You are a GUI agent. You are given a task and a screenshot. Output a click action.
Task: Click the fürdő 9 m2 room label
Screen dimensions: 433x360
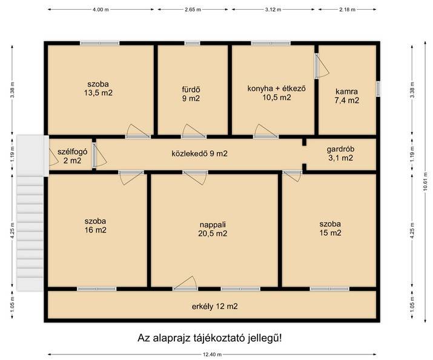click(191, 94)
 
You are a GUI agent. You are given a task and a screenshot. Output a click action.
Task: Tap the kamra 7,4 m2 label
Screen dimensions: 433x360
click(347, 96)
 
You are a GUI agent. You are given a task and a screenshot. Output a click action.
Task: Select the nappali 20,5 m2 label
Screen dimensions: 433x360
click(213, 229)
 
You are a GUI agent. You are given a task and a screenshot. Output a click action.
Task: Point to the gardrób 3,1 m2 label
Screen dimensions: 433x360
click(340, 153)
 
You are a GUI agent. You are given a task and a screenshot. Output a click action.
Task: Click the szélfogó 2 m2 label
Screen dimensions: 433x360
click(72, 156)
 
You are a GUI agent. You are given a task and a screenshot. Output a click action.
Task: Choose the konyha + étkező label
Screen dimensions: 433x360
click(276, 88)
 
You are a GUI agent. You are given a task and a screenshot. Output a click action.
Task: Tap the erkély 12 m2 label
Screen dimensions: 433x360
click(214, 307)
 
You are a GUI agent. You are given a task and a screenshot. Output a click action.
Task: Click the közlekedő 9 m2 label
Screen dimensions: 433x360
click(199, 153)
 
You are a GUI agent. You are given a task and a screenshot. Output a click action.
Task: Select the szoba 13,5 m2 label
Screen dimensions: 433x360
click(98, 88)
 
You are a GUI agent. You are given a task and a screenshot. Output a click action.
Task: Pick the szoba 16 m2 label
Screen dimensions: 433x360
click(95, 225)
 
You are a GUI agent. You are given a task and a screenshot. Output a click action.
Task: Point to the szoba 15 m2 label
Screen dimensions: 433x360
click(330, 228)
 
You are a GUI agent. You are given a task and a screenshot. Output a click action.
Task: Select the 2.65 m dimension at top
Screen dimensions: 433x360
click(193, 9)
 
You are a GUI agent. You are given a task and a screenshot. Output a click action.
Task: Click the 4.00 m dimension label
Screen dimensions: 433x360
click(101, 9)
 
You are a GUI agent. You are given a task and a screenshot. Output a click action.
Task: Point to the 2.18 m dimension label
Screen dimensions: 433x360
click(348, 9)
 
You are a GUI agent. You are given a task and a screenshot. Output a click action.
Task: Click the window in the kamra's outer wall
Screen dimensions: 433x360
click(378, 88)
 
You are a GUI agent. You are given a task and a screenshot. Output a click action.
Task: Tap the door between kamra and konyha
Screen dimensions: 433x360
click(317, 66)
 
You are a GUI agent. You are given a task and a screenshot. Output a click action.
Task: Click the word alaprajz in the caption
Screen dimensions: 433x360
click(171, 338)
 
